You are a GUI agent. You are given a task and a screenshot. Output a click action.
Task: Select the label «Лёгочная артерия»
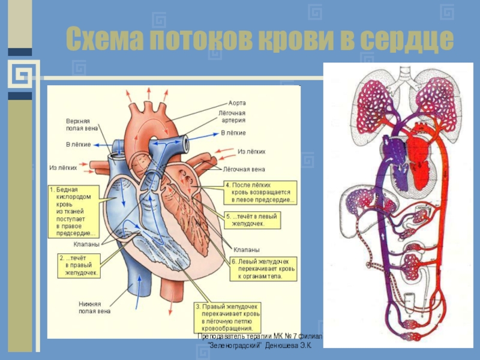tap(231, 116)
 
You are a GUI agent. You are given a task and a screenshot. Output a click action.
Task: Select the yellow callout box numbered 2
tap(79, 265)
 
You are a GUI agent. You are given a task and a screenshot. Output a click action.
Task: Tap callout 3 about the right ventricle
tap(227, 317)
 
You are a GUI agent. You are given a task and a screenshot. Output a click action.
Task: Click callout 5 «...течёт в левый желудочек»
tap(251, 220)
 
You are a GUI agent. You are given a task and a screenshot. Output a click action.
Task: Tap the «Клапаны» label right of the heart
tap(247, 249)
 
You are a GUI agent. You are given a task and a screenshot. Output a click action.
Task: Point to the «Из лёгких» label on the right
tap(251, 152)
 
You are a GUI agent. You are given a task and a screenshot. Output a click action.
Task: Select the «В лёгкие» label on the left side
tap(78, 145)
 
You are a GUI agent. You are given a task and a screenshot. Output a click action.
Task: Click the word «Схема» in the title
tap(102, 40)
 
